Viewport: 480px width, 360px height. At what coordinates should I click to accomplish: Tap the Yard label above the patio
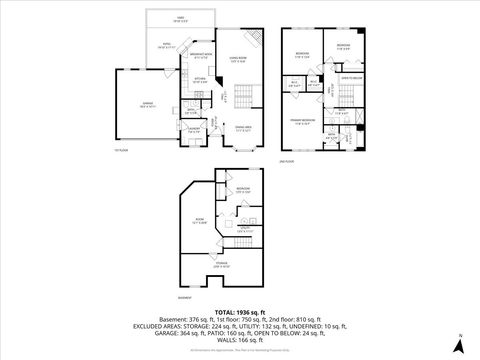180,19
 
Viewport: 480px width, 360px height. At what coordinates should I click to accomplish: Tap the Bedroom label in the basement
242,189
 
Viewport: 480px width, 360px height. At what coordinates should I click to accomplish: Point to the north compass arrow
459,339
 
